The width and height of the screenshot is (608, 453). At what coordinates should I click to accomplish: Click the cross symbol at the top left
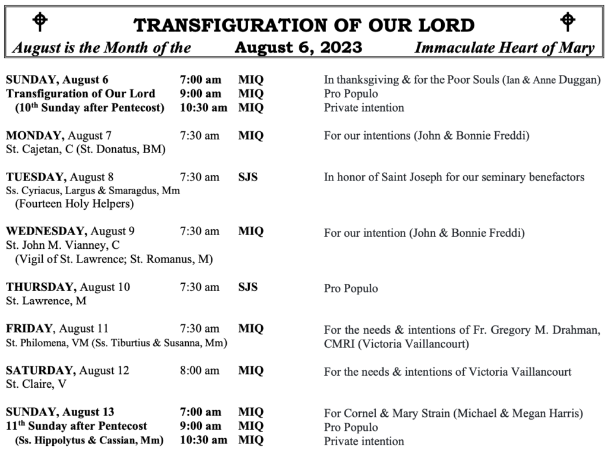click(39, 21)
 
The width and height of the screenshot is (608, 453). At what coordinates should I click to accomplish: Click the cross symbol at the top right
click(568, 21)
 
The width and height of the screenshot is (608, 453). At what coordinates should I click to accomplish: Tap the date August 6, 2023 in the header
click(298, 47)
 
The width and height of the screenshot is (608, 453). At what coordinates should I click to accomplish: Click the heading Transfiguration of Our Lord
click(304, 25)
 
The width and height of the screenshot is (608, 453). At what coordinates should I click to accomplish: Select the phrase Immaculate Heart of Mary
click(504, 48)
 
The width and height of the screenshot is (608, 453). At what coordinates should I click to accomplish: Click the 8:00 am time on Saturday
click(199, 371)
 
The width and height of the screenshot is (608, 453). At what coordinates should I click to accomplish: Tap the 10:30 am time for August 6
click(203, 107)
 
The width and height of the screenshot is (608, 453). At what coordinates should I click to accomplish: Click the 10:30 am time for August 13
click(203, 440)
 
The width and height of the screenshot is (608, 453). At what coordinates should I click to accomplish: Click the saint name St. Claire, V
click(36, 384)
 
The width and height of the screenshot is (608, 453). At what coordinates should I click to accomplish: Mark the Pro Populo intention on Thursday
click(351, 289)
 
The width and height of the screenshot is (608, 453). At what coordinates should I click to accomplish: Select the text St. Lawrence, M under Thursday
click(46, 301)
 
